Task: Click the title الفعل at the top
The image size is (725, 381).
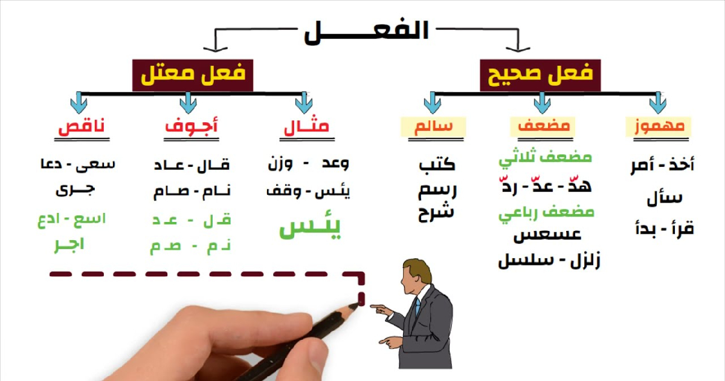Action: point(366,31)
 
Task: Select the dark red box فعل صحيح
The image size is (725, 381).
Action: point(540,75)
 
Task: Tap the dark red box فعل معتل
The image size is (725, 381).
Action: point(193,75)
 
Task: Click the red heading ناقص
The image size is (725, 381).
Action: point(82,126)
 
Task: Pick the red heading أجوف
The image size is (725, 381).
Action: point(192,126)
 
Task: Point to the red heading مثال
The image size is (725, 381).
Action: point(306,126)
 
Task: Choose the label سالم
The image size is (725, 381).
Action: point(433,126)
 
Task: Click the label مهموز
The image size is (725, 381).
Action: point(659,126)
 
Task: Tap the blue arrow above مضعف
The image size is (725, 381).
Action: point(543,103)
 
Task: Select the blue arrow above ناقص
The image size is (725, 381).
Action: point(79,103)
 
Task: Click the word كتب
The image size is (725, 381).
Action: point(437,165)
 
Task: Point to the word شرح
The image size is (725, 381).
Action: point(436,212)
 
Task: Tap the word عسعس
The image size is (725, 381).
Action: point(547,235)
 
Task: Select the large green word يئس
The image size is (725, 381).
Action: point(310,229)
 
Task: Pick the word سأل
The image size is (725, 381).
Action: point(665,198)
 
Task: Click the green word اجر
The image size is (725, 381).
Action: point(69,245)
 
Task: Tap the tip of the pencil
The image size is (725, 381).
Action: point(359,304)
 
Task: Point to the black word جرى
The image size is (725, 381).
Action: point(75,190)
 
